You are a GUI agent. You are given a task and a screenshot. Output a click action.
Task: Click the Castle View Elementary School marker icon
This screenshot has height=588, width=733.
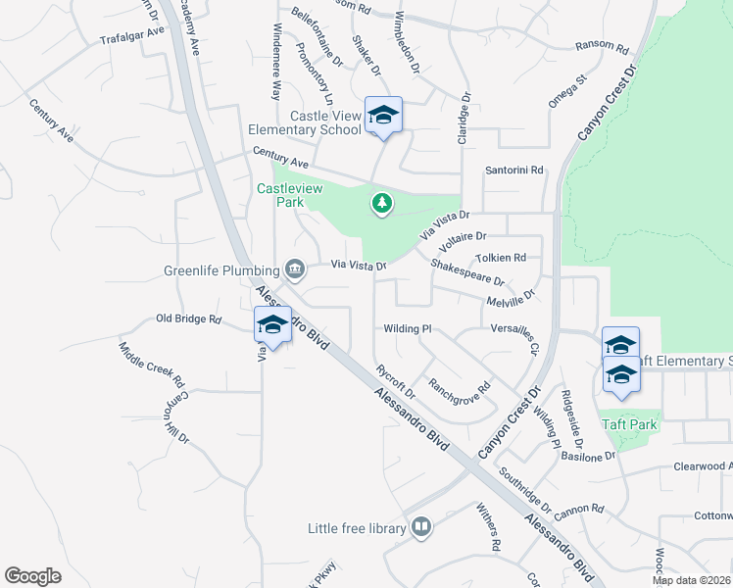pyautogui.click(x=383, y=116)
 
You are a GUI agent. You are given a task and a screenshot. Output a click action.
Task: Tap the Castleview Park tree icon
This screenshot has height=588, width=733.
pyautogui.click(x=381, y=204)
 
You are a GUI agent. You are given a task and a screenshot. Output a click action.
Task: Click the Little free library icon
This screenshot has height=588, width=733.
pyautogui.click(x=420, y=528)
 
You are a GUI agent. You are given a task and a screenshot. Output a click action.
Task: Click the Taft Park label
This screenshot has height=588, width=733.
pyautogui.click(x=630, y=424)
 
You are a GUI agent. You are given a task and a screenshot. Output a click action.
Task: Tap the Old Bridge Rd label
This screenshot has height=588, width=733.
pyautogui.click(x=189, y=318)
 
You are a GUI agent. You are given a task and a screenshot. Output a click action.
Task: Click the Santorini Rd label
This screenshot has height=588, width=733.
pyautogui.click(x=513, y=170)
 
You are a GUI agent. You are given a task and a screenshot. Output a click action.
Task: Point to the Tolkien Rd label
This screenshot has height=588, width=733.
pyautogui.click(x=501, y=258)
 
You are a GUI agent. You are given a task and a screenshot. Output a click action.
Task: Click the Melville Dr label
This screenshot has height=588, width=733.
pyautogui.click(x=511, y=297)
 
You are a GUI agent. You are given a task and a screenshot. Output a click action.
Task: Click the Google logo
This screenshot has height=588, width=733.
pyautogui.click(x=32, y=576)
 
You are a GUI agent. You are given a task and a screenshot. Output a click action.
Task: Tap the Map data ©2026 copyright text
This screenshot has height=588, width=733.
pyautogui.click(x=690, y=580)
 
